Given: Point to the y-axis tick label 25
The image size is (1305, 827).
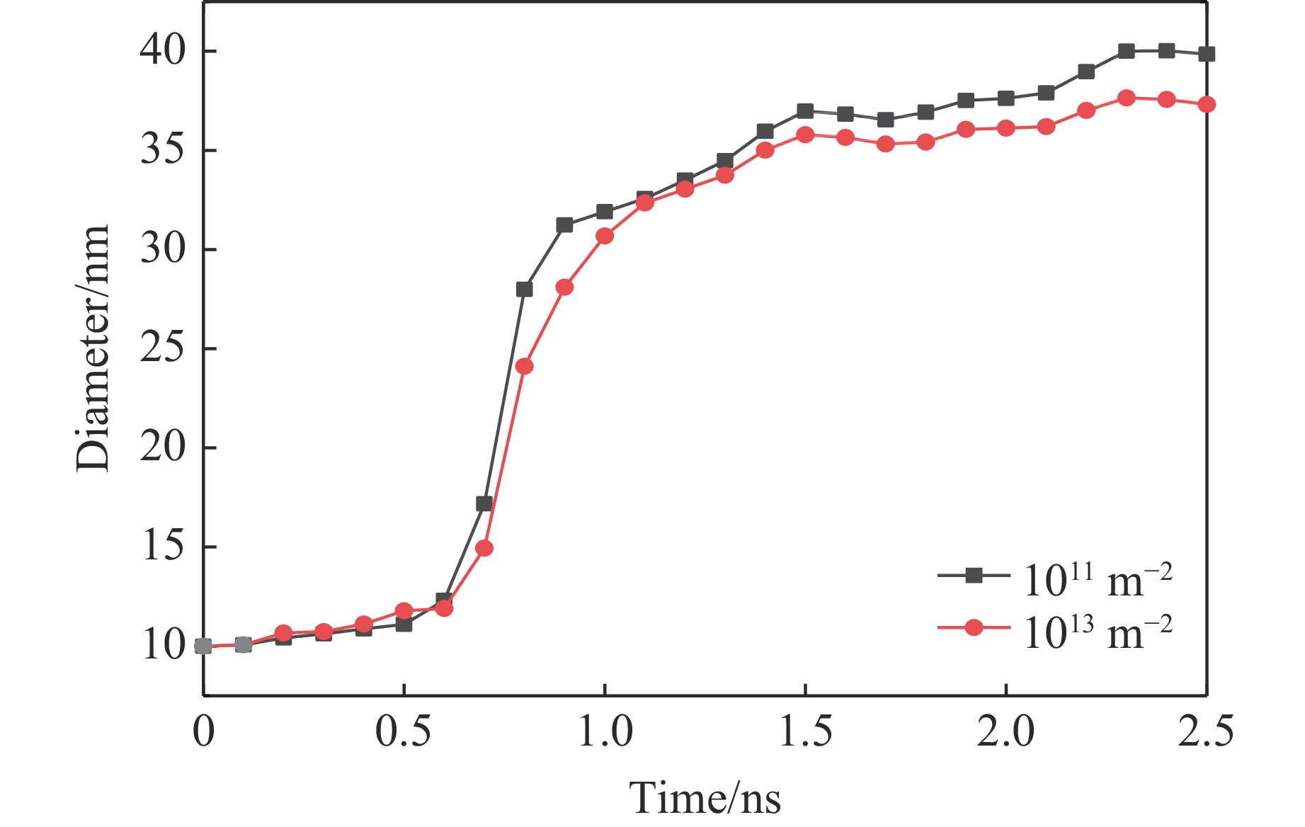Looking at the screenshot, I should click(x=162, y=348).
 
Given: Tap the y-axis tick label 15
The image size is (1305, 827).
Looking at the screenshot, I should click(x=162, y=547).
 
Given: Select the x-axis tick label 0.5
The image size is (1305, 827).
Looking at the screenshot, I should click(x=403, y=731).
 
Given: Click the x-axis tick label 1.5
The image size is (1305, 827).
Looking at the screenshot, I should click(x=805, y=731).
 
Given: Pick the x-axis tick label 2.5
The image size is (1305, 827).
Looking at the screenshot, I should click(x=1205, y=731).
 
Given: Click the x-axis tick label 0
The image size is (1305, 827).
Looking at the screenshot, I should click(x=203, y=731).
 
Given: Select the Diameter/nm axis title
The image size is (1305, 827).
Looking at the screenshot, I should click(x=93, y=348).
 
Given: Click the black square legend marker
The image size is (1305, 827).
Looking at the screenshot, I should click(x=974, y=576).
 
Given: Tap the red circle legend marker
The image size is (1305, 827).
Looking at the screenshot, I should click(x=974, y=627).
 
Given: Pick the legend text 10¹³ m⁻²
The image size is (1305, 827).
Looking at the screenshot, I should click(x=1097, y=632).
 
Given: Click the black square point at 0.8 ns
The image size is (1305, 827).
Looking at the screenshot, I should click(x=524, y=289).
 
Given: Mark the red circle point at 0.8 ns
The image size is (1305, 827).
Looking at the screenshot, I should click(x=524, y=366).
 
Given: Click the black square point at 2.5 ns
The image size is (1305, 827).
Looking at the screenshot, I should click(x=1207, y=54).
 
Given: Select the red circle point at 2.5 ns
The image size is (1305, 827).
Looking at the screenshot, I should click(x=1207, y=104).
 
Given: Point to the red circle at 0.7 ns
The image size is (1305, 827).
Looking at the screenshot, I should click(x=484, y=548).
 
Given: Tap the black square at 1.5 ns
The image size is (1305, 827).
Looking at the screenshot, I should click(x=805, y=111).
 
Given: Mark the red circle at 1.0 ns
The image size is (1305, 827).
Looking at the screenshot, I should click(x=605, y=236).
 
